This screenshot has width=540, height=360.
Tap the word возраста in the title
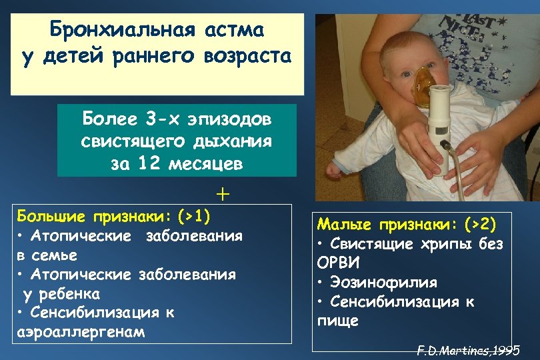(249, 56)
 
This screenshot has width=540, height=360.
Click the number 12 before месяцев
(150, 163)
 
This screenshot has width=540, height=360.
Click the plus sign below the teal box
(222, 194)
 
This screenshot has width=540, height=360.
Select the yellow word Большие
(51, 217)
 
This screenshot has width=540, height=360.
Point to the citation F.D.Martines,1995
(468, 349)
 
